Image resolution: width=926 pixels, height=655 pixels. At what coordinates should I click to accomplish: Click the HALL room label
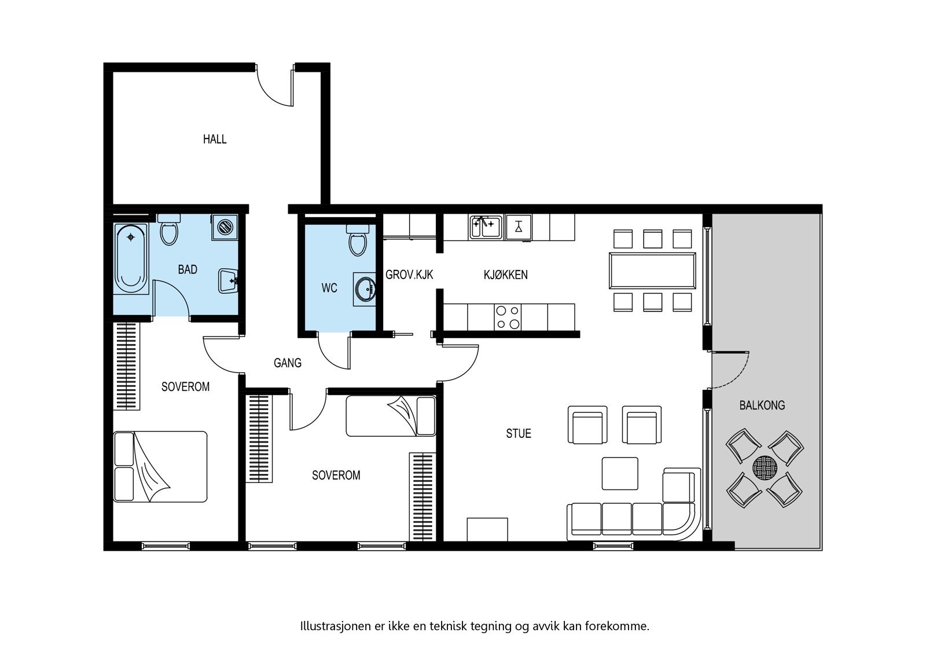tap(215, 139)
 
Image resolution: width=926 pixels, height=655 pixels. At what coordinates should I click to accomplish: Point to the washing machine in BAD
tap(225, 226)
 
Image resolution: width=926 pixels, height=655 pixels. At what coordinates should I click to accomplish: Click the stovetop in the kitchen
tap(508, 317)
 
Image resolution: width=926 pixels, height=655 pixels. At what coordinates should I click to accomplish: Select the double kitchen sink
tap(485, 226)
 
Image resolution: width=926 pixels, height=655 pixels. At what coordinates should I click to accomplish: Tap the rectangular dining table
tap(652, 270)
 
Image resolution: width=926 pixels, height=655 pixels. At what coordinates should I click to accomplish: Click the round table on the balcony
tap(765, 467)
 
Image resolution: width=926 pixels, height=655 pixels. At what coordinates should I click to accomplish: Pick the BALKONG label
tap(762, 405)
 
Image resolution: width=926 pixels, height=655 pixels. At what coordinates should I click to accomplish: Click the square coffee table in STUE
tap(620, 473)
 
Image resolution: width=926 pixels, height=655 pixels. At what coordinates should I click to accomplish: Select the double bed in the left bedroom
tap(160, 466)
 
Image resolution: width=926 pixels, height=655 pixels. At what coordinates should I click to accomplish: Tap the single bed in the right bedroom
tap(391, 416)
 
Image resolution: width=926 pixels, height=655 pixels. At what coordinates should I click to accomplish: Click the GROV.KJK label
tap(409, 275)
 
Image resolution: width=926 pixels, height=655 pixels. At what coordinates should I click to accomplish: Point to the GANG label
tap(288, 363)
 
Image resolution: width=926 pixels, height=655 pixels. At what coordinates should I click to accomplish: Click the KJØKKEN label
tap(505, 275)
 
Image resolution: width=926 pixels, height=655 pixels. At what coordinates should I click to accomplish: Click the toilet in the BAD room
tap(169, 230)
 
